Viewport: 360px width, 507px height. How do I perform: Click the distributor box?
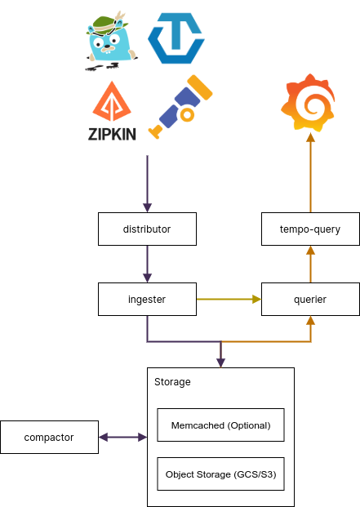tap(147, 229)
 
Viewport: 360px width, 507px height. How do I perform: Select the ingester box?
tap(147, 299)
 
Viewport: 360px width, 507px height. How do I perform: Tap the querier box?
tap(310, 299)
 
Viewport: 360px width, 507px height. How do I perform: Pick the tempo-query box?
tap(310, 229)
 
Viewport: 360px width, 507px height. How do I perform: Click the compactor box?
tap(49, 437)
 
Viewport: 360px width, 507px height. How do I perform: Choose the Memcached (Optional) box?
tap(220, 425)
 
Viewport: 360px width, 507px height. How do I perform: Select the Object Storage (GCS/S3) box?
tap(220, 474)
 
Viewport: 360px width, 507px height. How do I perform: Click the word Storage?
tap(172, 382)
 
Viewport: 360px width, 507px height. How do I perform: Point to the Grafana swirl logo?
tap(308, 103)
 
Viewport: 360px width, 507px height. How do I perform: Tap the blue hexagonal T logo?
tap(176, 38)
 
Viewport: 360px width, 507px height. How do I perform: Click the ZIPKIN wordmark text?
tap(112, 134)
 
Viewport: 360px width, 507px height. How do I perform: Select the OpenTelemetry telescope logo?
tap(180, 107)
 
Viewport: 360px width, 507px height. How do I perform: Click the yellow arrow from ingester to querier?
tap(229, 299)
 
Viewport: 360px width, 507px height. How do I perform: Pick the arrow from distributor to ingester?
tap(148, 264)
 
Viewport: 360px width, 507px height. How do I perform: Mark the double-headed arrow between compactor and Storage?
tap(122, 437)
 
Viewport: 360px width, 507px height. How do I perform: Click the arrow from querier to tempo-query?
tap(310, 264)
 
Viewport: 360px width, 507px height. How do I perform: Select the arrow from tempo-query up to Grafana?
tap(310, 172)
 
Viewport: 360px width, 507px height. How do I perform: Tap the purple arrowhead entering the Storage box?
tap(220, 362)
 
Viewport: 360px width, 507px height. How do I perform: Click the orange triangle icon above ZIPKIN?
tap(112, 101)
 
